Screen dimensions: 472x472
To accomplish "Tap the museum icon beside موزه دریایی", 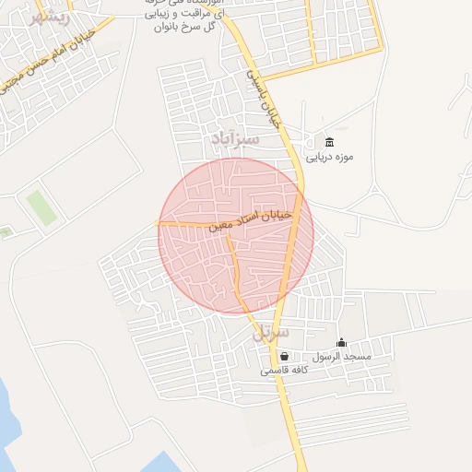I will click(x=330, y=141).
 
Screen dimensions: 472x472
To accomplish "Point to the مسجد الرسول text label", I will click(x=340, y=357).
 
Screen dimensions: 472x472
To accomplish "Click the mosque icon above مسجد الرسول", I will click(x=341, y=343).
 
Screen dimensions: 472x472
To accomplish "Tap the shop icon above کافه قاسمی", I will click(x=284, y=356).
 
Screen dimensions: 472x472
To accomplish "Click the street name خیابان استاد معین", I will click(x=251, y=219).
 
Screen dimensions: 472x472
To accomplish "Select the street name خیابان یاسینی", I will click(x=266, y=100).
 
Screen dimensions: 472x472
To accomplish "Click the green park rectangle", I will click(x=41, y=207).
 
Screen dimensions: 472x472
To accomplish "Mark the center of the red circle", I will click(x=236, y=236).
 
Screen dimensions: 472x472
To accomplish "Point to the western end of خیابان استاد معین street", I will click(x=158, y=222).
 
